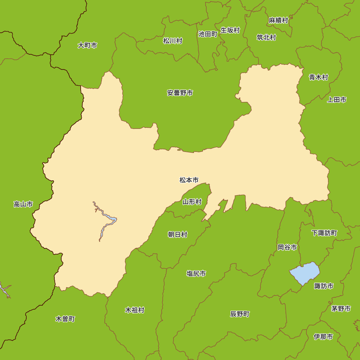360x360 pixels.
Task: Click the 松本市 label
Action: pyautogui.click(x=189, y=180)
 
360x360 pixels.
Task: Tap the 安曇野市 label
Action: pyautogui.click(x=180, y=93)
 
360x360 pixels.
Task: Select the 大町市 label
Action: pyautogui.click(x=87, y=45)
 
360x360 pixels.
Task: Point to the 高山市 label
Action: pyautogui.click(x=23, y=204)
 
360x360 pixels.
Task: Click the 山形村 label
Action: pyautogui.click(x=192, y=202)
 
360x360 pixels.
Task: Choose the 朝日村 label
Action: pyautogui.click(x=178, y=235)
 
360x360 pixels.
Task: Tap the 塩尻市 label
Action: pyautogui.click(x=196, y=274)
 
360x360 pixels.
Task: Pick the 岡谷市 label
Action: pyautogui.click(x=287, y=247)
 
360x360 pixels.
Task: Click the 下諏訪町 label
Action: pyautogui.click(x=324, y=233)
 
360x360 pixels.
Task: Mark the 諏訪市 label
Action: pyautogui.click(x=324, y=286)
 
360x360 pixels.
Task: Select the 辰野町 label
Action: pyautogui.click(x=240, y=314)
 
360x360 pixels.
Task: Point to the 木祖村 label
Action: pyautogui.click(x=135, y=310)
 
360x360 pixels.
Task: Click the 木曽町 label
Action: pyautogui.click(x=65, y=319)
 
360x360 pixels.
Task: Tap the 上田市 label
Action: pyautogui.click(x=337, y=100)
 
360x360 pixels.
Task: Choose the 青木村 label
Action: pyautogui.click(x=319, y=77)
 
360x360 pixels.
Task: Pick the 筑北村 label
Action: pyautogui.click(x=266, y=37)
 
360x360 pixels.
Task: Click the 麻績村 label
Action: pyautogui.click(x=279, y=20)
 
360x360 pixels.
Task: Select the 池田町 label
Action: pyautogui.click(x=208, y=34)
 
